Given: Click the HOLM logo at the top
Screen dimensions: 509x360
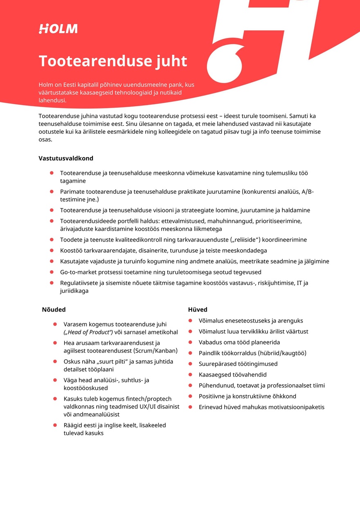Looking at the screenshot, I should pos(58,29).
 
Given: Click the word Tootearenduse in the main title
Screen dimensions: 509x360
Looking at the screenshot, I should pos(88,61).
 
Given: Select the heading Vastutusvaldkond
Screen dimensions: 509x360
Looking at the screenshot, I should pos(66,158).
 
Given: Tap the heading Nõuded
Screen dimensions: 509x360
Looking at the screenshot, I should pos(54,309).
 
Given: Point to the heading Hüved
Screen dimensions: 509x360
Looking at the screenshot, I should pos(198,309).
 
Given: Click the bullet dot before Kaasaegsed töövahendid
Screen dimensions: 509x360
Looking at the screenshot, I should pos(190,374).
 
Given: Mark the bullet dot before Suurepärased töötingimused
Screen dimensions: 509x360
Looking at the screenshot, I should pos(190,363).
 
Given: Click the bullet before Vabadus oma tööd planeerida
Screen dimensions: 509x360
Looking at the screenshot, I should pos(190,342).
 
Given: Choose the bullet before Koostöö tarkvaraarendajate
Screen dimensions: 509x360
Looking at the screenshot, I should pos(52,250).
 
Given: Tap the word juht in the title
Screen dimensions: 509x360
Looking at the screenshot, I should pos(171,61).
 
